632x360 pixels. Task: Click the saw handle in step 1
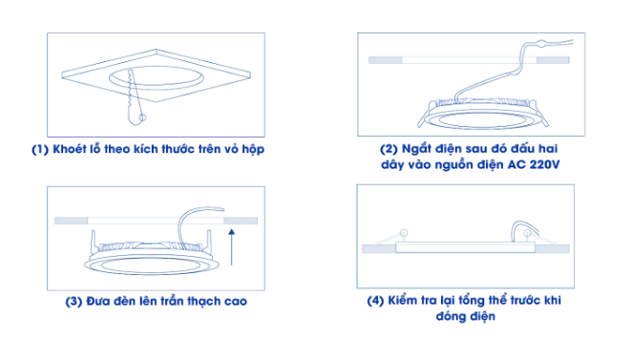(x=135, y=117)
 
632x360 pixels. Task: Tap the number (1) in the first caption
(x=40, y=150)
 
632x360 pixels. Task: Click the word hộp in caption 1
(x=253, y=150)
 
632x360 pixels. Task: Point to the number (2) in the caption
(x=389, y=149)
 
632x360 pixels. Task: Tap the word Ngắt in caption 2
(x=414, y=148)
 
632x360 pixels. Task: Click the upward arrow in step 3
(x=231, y=247)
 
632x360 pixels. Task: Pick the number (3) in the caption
(x=74, y=302)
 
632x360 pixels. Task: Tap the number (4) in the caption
(x=375, y=301)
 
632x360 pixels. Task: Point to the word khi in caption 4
(x=552, y=301)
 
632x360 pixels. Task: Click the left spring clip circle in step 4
(x=403, y=233)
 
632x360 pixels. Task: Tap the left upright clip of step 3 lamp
(x=94, y=242)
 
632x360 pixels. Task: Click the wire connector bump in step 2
(x=541, y=43)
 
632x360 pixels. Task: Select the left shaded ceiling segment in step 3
(x=71, y=221)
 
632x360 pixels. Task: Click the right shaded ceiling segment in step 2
(x=553, y=60)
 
